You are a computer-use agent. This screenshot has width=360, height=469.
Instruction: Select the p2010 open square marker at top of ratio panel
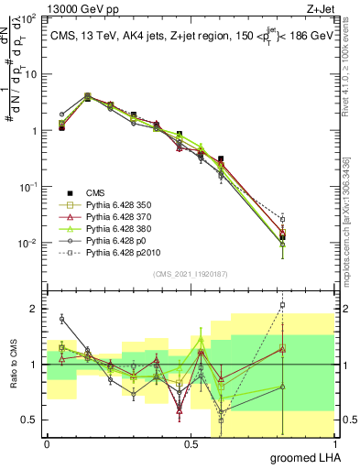coord(283,305)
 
